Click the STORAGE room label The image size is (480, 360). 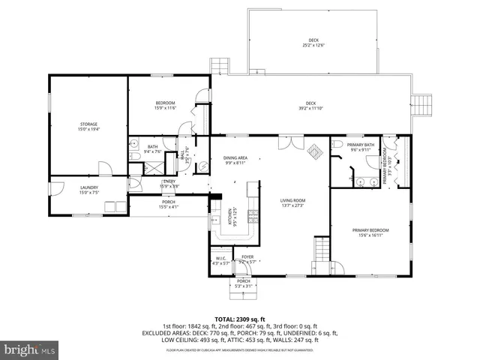89,126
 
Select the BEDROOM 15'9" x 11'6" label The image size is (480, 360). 165,105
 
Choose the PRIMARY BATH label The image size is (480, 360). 360,146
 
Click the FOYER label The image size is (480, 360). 247,259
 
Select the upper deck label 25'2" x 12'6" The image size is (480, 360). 313,43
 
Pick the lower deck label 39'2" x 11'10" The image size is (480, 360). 310,106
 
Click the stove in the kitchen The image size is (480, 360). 253,216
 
